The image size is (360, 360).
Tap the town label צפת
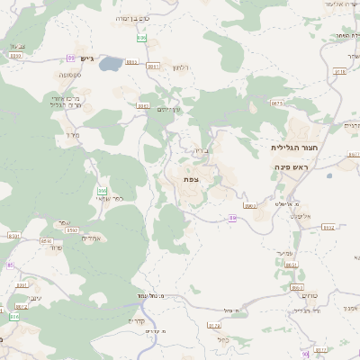coord(191,180)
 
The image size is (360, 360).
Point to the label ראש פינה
coord(292,167)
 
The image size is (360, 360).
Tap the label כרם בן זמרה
coord(134,18)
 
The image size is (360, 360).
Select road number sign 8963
coord(250,206)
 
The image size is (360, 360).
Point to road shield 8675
coord(277,103)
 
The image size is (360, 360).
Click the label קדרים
coord(136,321)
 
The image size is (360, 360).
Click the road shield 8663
coord(297,287)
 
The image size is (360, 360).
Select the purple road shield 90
coord(305,354)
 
